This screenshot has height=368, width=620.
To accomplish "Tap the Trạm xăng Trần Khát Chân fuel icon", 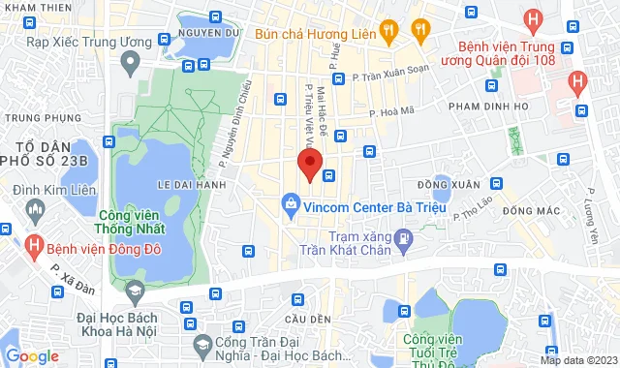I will (404, 237).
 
